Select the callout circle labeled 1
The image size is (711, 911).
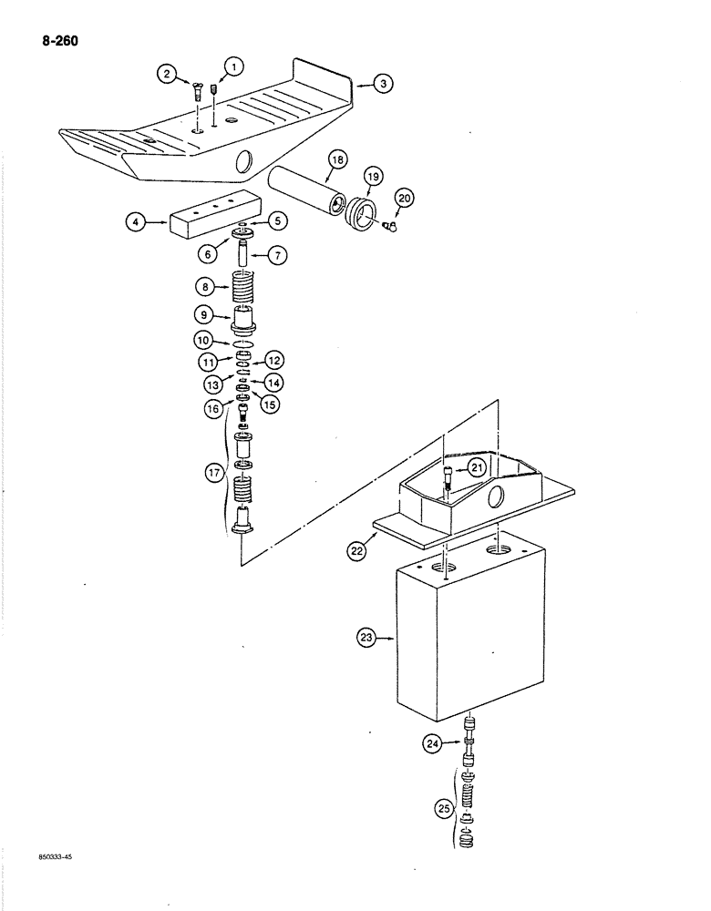pos(233,66)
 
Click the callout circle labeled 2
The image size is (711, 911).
pos(167,76)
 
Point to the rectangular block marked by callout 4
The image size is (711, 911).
pos(209,222)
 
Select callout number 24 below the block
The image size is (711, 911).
pos(430,744)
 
